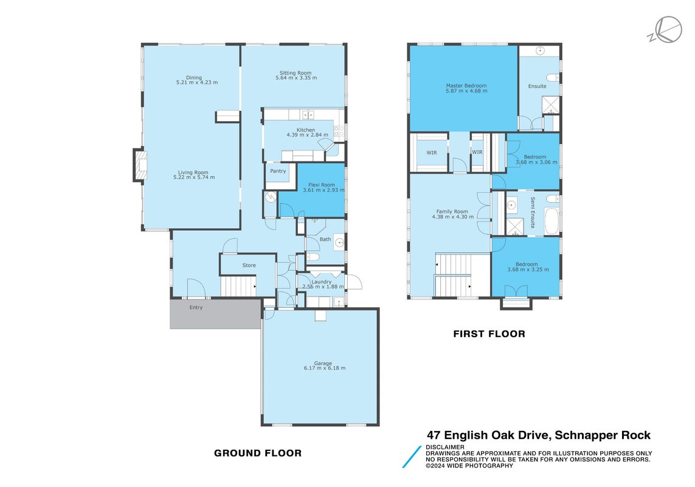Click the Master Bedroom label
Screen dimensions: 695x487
point(466,86)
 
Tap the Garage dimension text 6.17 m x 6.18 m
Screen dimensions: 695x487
point(325,368)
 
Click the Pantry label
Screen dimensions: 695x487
point(278,171)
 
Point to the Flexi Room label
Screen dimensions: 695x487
point(322,184)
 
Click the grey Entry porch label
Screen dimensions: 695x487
point(196,307)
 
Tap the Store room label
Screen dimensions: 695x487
point(249,265)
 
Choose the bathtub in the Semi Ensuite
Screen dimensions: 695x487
point(552,221)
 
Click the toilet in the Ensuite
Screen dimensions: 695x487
point(553,78)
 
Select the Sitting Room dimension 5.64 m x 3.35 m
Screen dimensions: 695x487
point(296,78)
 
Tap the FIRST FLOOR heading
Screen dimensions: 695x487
point(489,334)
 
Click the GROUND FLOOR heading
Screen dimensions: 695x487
point(258,454)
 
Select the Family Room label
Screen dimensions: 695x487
point(452,212)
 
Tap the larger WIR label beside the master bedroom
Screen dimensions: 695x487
point(432,153)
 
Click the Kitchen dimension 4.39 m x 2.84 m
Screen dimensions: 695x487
point(308,135)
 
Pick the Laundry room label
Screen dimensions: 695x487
point(321,282)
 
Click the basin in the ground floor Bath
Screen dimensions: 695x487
point(339,243)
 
